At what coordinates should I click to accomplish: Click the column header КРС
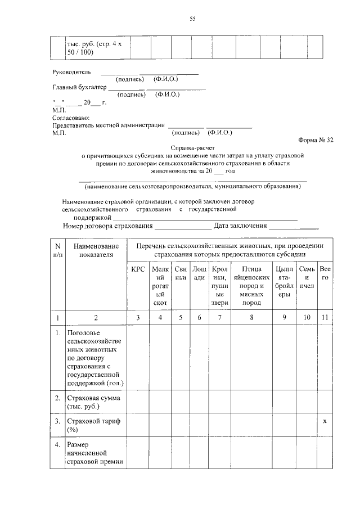pyautogui.click(x=138, y=269)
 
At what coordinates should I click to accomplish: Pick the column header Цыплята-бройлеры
pyautogui.click(x=284, y=281)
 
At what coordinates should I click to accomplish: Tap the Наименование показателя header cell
pyautogui.click(x=96, y=250)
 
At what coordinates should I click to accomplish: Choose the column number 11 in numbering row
pyautogui.click(x=325, y=318)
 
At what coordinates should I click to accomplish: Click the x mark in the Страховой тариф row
pyautogui.click(x=325, y=421)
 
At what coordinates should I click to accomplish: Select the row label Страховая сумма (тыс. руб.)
pyautogui.click(x=91, y=402)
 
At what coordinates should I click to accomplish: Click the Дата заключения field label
pyautogui.click(x=240, y=226)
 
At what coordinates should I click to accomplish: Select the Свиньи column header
pyautogui.click(x=180, y=273)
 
